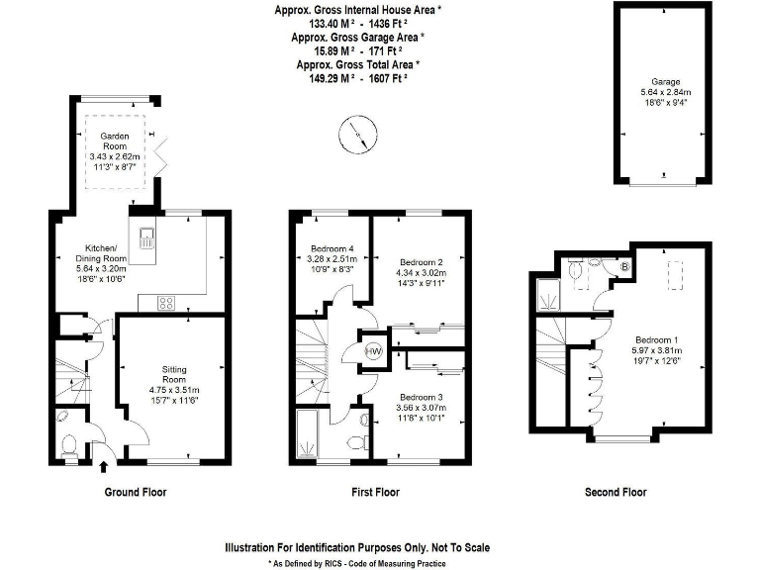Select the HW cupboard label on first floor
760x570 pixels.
pos(374,351)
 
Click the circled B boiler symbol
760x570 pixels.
pos(624,266)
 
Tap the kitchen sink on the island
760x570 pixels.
pos(147,237)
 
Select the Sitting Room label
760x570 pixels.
pos(174,373)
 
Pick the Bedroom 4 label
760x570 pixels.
pos(331,248)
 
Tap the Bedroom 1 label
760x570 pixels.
pos(653,337)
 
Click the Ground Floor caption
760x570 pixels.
pos(135,492)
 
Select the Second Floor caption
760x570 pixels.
pos(616,492)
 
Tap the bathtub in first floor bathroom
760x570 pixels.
pos(308,435)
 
